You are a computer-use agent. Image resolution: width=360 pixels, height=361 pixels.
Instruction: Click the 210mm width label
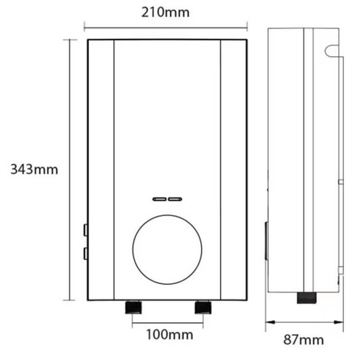(165, 11)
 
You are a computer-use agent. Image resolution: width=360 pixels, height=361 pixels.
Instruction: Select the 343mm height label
(34, 170)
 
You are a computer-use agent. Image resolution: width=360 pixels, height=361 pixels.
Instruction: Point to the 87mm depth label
(304, 340)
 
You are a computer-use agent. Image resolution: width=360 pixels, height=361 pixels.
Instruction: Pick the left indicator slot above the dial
(160, 199)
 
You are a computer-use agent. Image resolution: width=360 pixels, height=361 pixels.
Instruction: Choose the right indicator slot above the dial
(175, 199)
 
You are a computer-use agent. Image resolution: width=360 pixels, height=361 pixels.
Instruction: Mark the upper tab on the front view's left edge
(85, 230)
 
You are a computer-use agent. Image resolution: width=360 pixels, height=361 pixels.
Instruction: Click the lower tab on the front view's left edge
(85, 253)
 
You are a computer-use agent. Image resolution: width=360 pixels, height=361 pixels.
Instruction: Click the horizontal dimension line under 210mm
(165, 26)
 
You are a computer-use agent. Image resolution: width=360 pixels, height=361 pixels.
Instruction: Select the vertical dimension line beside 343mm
(70, 170)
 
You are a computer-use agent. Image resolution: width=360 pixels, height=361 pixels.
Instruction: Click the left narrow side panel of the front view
(101, 170)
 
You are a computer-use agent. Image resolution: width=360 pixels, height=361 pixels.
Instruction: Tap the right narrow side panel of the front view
(233, 170)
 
